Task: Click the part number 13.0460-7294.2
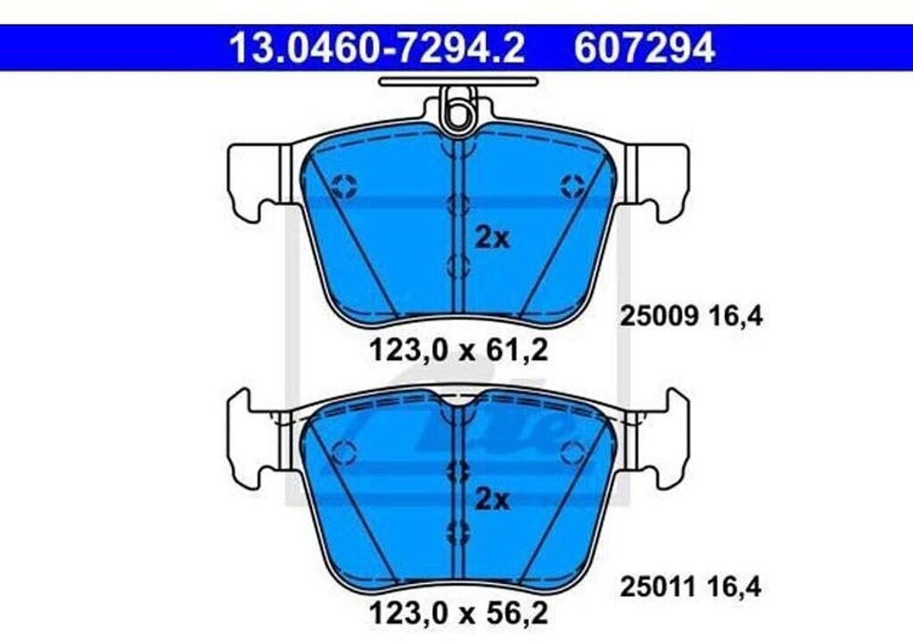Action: [377, 48]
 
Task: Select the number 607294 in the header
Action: [645, 48]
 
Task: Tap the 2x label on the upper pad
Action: [492, 238]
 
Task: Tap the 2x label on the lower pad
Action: [492, 499]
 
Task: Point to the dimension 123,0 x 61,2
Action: [459, 350]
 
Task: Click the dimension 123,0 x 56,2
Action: [459, 613]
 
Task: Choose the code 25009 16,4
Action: [691, 317]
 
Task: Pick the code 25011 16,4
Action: [691, 587]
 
